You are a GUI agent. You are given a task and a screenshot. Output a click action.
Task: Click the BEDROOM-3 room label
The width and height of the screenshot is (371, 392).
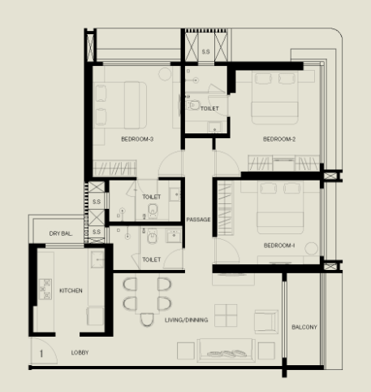(x=137, y=139)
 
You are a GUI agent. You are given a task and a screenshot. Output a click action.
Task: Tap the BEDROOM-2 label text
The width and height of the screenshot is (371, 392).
(x=279, y=139)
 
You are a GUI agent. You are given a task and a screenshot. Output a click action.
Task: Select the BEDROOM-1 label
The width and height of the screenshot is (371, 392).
(x=279, y=246)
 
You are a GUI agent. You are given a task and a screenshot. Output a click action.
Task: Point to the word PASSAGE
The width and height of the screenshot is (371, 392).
(x=198, y=220)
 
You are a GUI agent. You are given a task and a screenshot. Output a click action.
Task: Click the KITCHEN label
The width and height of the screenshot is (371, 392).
(x=71, y=290)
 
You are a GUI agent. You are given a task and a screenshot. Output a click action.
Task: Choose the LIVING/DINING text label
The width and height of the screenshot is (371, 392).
(x=187, y=320)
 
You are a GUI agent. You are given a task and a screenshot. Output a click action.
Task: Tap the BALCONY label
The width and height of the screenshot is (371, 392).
(x=304, y=327)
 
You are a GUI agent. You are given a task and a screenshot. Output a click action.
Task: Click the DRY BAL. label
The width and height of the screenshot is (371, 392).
(x=61, y=233)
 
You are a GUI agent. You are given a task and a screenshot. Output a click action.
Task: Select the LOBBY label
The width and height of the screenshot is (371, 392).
(x=80, y=353)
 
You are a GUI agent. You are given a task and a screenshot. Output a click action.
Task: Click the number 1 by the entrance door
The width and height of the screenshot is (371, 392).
(x=41, y=354)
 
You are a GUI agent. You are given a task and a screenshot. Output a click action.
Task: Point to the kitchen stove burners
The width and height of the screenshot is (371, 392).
(x=45, y=289)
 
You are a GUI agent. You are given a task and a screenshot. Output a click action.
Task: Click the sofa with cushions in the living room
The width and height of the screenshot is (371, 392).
(x=226, y=351)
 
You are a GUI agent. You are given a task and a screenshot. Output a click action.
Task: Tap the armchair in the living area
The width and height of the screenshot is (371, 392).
(x=266, y=322)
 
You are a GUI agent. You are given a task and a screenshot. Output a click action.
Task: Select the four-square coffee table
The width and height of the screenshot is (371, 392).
(x=226, y=316)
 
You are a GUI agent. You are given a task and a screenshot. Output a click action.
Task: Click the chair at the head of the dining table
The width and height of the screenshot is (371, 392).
(x=147, y=320)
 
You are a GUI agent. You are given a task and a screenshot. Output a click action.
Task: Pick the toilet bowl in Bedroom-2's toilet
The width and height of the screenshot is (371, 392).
(x=193, y=105)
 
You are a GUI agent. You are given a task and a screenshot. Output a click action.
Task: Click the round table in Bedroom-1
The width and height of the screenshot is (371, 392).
(x=312, y=249)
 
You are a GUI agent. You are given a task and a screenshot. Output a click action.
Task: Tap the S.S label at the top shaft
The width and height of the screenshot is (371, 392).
(x=206, y=51)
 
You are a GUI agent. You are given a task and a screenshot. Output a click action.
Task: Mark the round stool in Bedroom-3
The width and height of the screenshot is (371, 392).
(x=165, y=74)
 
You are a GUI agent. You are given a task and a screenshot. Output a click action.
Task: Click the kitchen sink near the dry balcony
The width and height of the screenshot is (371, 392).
(x=97, y=259)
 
